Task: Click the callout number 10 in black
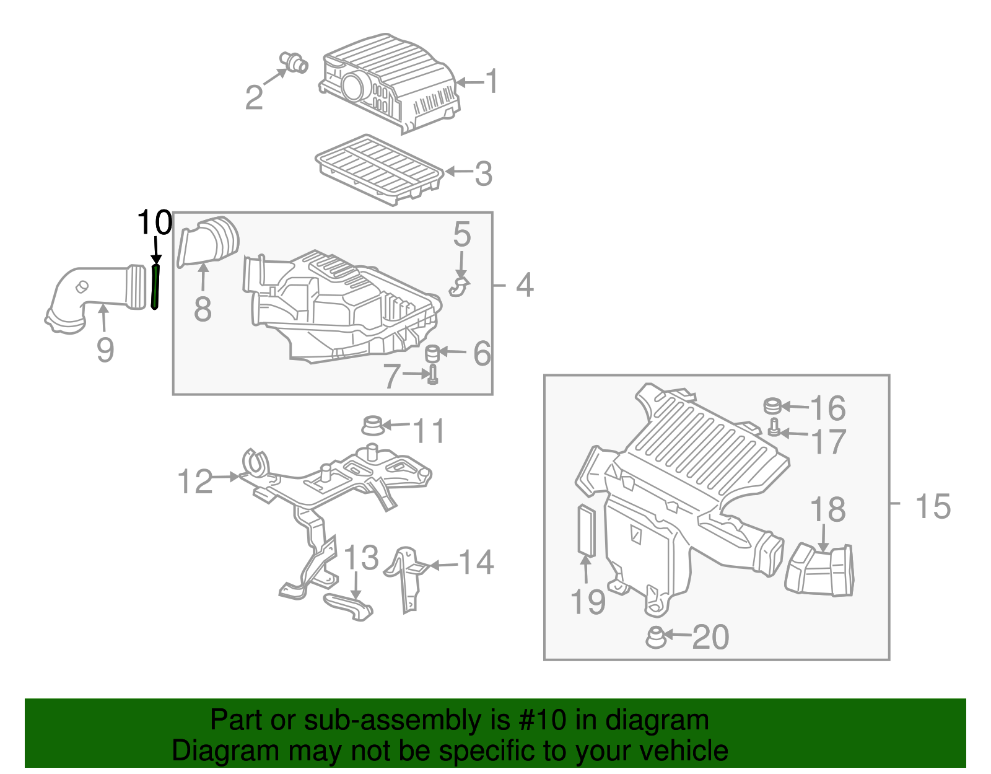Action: (154, 222)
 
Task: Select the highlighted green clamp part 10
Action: (155, 286)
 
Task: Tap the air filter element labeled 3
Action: (379, 169)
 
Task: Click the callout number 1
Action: (492, 82)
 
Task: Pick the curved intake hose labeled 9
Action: (93, 291)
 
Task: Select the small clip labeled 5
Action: (459, 287)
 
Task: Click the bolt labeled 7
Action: (432, 374)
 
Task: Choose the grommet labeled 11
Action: (372, 426)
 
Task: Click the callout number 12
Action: (195, 482)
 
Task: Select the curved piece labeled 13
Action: (349, 605)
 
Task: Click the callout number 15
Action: (932, 506)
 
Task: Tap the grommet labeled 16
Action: (772, 406)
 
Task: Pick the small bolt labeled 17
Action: (774, 427)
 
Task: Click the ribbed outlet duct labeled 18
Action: (820, 571)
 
